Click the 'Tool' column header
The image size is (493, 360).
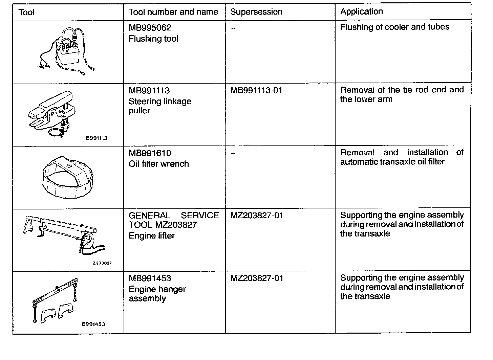26,13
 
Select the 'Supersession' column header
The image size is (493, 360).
256,12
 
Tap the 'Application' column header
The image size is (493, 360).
361,12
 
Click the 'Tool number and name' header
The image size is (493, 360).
173,12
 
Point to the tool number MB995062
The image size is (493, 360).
150,27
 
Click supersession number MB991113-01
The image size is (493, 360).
256,90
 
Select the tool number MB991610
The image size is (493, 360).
150,153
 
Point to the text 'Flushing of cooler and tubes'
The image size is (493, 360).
394,27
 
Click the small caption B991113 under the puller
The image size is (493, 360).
96,138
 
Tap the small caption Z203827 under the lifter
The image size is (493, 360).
102,263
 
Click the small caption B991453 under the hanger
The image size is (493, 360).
93,324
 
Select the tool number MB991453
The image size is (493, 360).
150,278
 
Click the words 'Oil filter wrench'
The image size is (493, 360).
159,164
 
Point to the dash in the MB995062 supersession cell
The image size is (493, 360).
233,28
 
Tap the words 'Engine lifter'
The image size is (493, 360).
152,236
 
